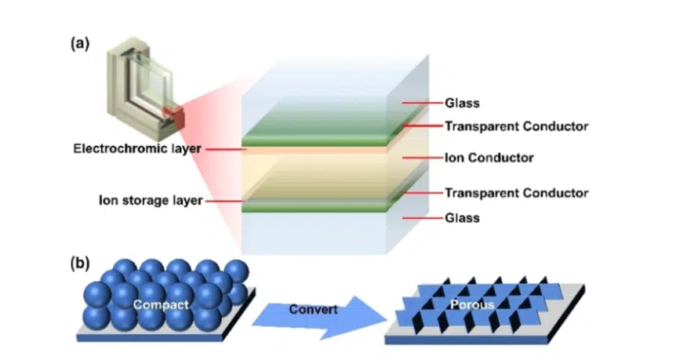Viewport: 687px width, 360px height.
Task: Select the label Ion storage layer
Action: coord(149,200)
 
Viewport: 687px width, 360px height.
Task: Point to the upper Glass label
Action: coord(462,103)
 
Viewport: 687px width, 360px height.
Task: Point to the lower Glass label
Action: coord(462,217)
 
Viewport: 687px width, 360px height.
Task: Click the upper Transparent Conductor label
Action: coord(516,125)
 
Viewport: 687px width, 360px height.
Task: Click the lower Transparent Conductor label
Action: coord(516,193)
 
